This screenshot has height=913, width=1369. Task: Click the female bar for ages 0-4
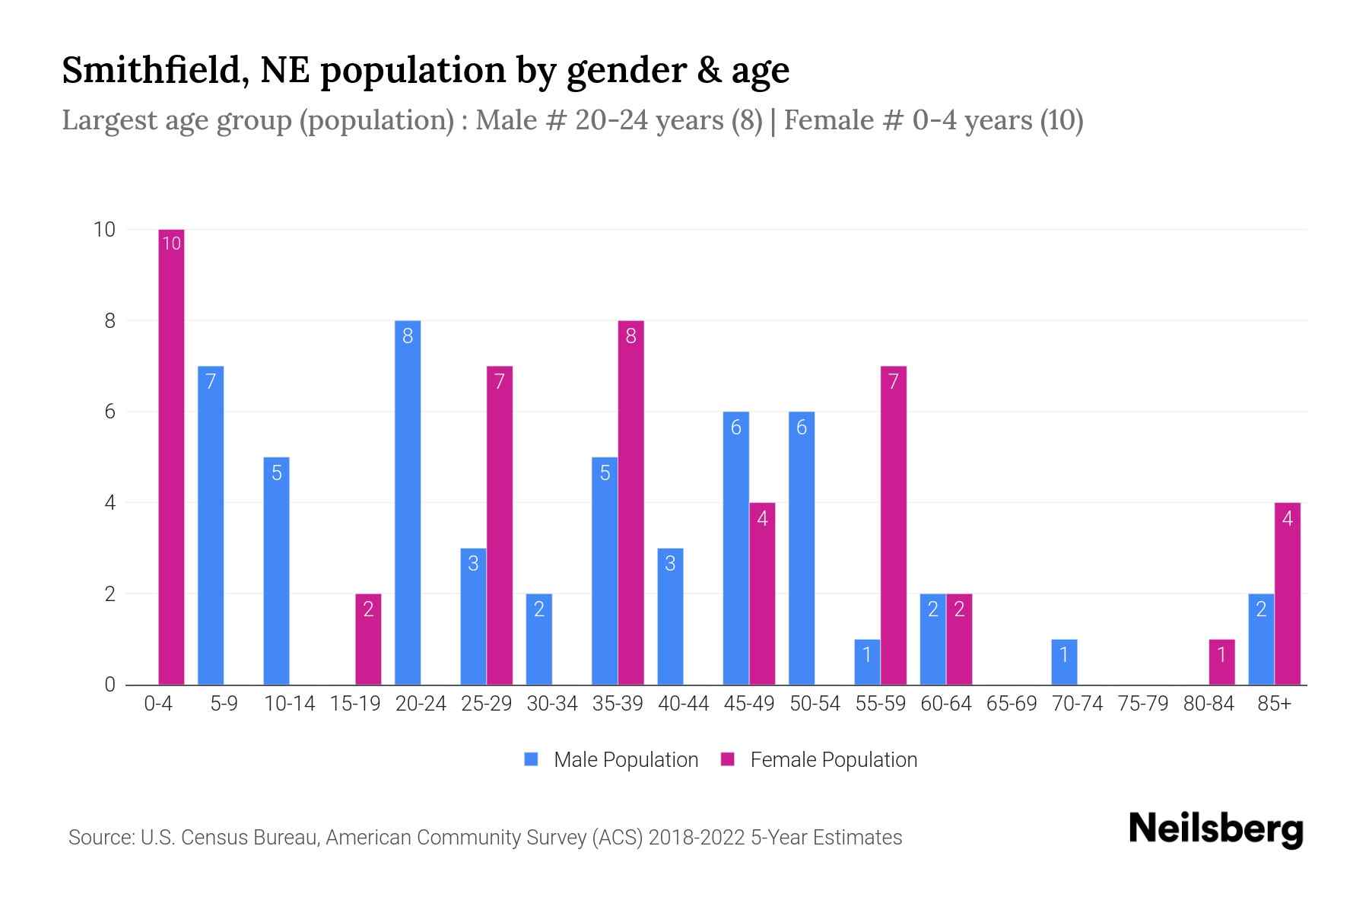[x=171, y=456]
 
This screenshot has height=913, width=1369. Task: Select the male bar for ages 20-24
[x=408, y=502]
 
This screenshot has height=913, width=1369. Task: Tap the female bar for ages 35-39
[x=631, y=502]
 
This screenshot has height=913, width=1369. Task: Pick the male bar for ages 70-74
[x=1064, y=662]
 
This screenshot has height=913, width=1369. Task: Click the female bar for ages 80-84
[x=1221, y=662]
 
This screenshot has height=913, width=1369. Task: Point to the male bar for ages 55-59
[x=867, y=662]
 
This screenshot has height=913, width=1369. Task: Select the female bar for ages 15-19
[x=368, y=639]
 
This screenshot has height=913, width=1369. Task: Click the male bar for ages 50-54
[x=802, y=548]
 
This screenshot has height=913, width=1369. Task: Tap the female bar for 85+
[x=1287, y=593]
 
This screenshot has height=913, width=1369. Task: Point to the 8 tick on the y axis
[x=110, y=321]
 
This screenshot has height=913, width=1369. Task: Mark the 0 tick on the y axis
[x=110, y=685]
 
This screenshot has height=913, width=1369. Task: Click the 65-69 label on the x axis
[x=1012, y=704]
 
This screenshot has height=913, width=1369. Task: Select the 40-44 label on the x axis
[x=683, y=704]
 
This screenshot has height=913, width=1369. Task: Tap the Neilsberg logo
[x=1215, y=829]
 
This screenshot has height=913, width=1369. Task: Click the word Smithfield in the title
[x=152, y=70]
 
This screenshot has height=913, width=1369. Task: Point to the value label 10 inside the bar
[x=172, y=243]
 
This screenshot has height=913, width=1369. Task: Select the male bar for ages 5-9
[x=211, y=525]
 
